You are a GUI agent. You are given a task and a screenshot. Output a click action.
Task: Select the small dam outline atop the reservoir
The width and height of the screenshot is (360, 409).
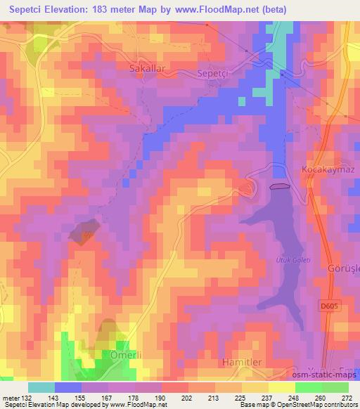pos(278,186)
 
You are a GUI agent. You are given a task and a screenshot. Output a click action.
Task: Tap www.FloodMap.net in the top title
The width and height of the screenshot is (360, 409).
pos(236,9)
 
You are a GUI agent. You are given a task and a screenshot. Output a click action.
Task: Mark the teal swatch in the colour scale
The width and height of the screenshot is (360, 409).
pos(41,387)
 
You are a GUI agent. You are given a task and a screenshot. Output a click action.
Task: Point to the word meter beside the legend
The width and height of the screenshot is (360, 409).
pos(11,398)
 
